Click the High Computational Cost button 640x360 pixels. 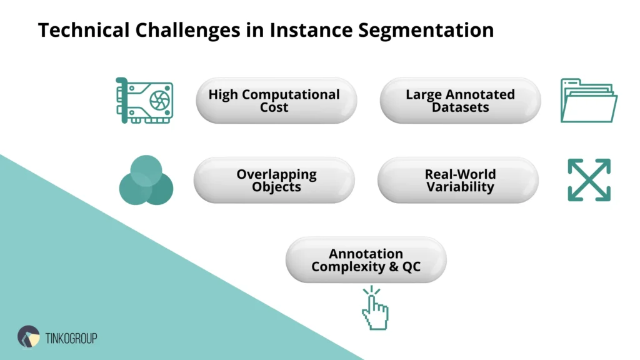[275, 101]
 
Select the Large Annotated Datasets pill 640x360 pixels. [460, 101]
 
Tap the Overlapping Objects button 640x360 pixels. [275, 180]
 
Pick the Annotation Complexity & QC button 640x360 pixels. [366, 260]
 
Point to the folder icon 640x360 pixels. [588, 100]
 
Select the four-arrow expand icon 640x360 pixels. [589, 180]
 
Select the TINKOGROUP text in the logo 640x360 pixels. [71, 338]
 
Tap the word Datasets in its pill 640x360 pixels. [460, 107]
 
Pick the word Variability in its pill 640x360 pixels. [460, 187]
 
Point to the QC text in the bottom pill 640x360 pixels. [411, 267]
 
